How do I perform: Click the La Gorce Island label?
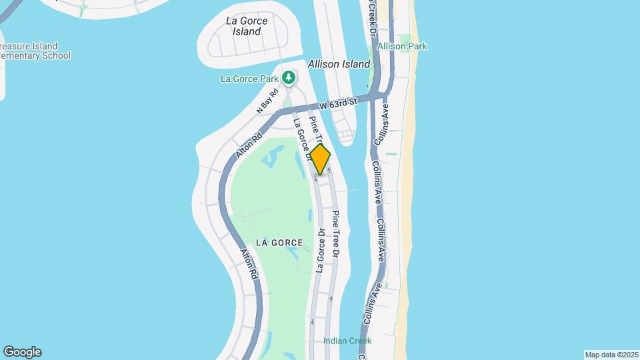tap(247, 26)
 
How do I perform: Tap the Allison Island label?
tap(339, 65)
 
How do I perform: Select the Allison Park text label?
tap(402, 47)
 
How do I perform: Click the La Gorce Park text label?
tap(249, 79)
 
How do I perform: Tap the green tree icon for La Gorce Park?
tap(289, 78)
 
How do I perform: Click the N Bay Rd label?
tap(267, 103)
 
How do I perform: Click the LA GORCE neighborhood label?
tap(279, 243)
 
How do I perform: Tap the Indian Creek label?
tap(347, 341)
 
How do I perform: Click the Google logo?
tap(22, 352)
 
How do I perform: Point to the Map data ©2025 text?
tap(611, 354)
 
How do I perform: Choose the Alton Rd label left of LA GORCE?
tap(248, 263)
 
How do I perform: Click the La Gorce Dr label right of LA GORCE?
tap(321, 251)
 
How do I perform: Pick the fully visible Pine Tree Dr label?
tap(336, 235)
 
